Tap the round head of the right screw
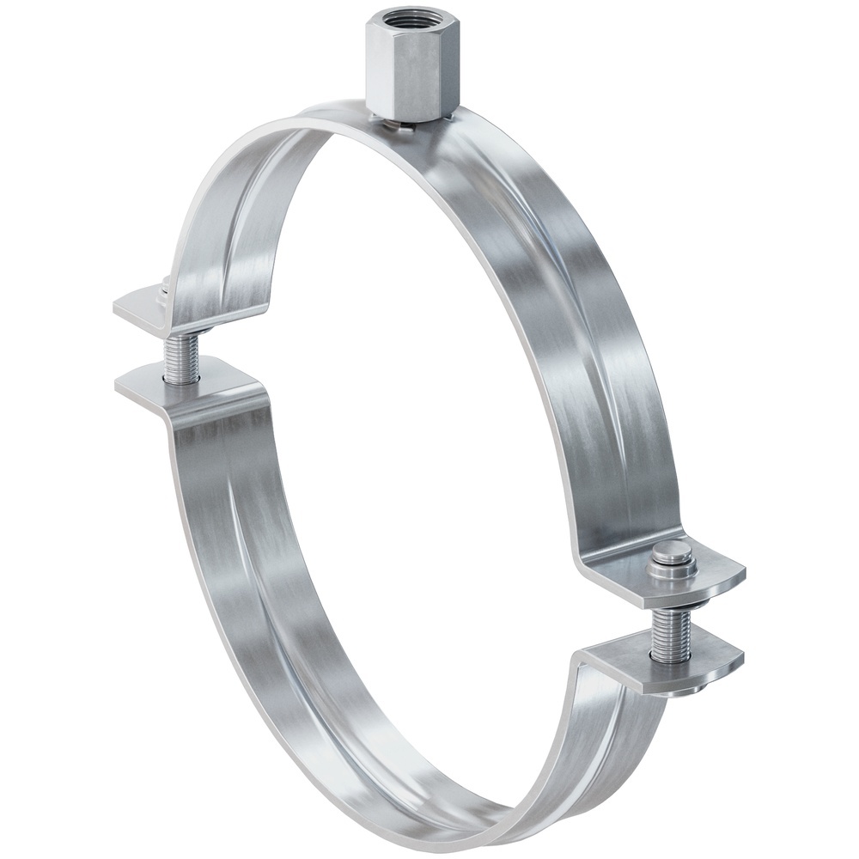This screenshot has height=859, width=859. pos(673,555)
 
